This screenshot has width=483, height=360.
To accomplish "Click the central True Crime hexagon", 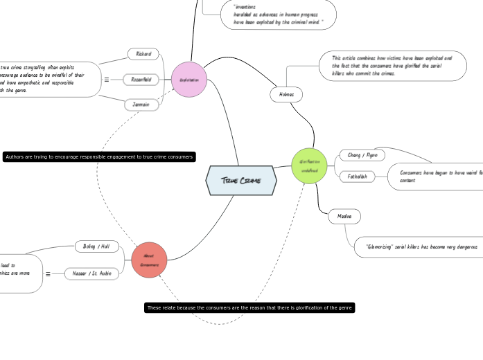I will [241, 181].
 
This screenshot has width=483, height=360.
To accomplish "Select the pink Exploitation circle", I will [189, 80].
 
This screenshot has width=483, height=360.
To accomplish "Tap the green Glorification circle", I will [309, 165].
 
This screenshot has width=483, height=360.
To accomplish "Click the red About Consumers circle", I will [149, 260].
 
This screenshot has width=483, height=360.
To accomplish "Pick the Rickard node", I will [143, 54].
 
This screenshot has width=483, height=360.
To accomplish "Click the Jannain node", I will [141, 105].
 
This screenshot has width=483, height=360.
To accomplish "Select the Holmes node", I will [286, 94].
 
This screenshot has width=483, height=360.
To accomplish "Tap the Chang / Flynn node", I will [362, 155].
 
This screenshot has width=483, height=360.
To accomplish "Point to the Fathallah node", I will [358, 177].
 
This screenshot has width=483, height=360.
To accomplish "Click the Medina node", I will [344, 217].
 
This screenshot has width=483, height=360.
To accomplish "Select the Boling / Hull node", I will [97, 246].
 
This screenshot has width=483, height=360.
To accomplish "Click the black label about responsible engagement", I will [99, 157].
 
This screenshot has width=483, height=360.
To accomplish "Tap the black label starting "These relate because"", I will [249, 307].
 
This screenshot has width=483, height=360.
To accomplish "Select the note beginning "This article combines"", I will [391, 66].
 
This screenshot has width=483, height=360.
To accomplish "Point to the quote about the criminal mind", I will [278, 15].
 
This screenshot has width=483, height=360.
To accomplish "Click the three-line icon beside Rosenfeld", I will [107, 80].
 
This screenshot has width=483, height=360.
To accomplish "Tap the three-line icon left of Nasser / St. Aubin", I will [48, 274].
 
